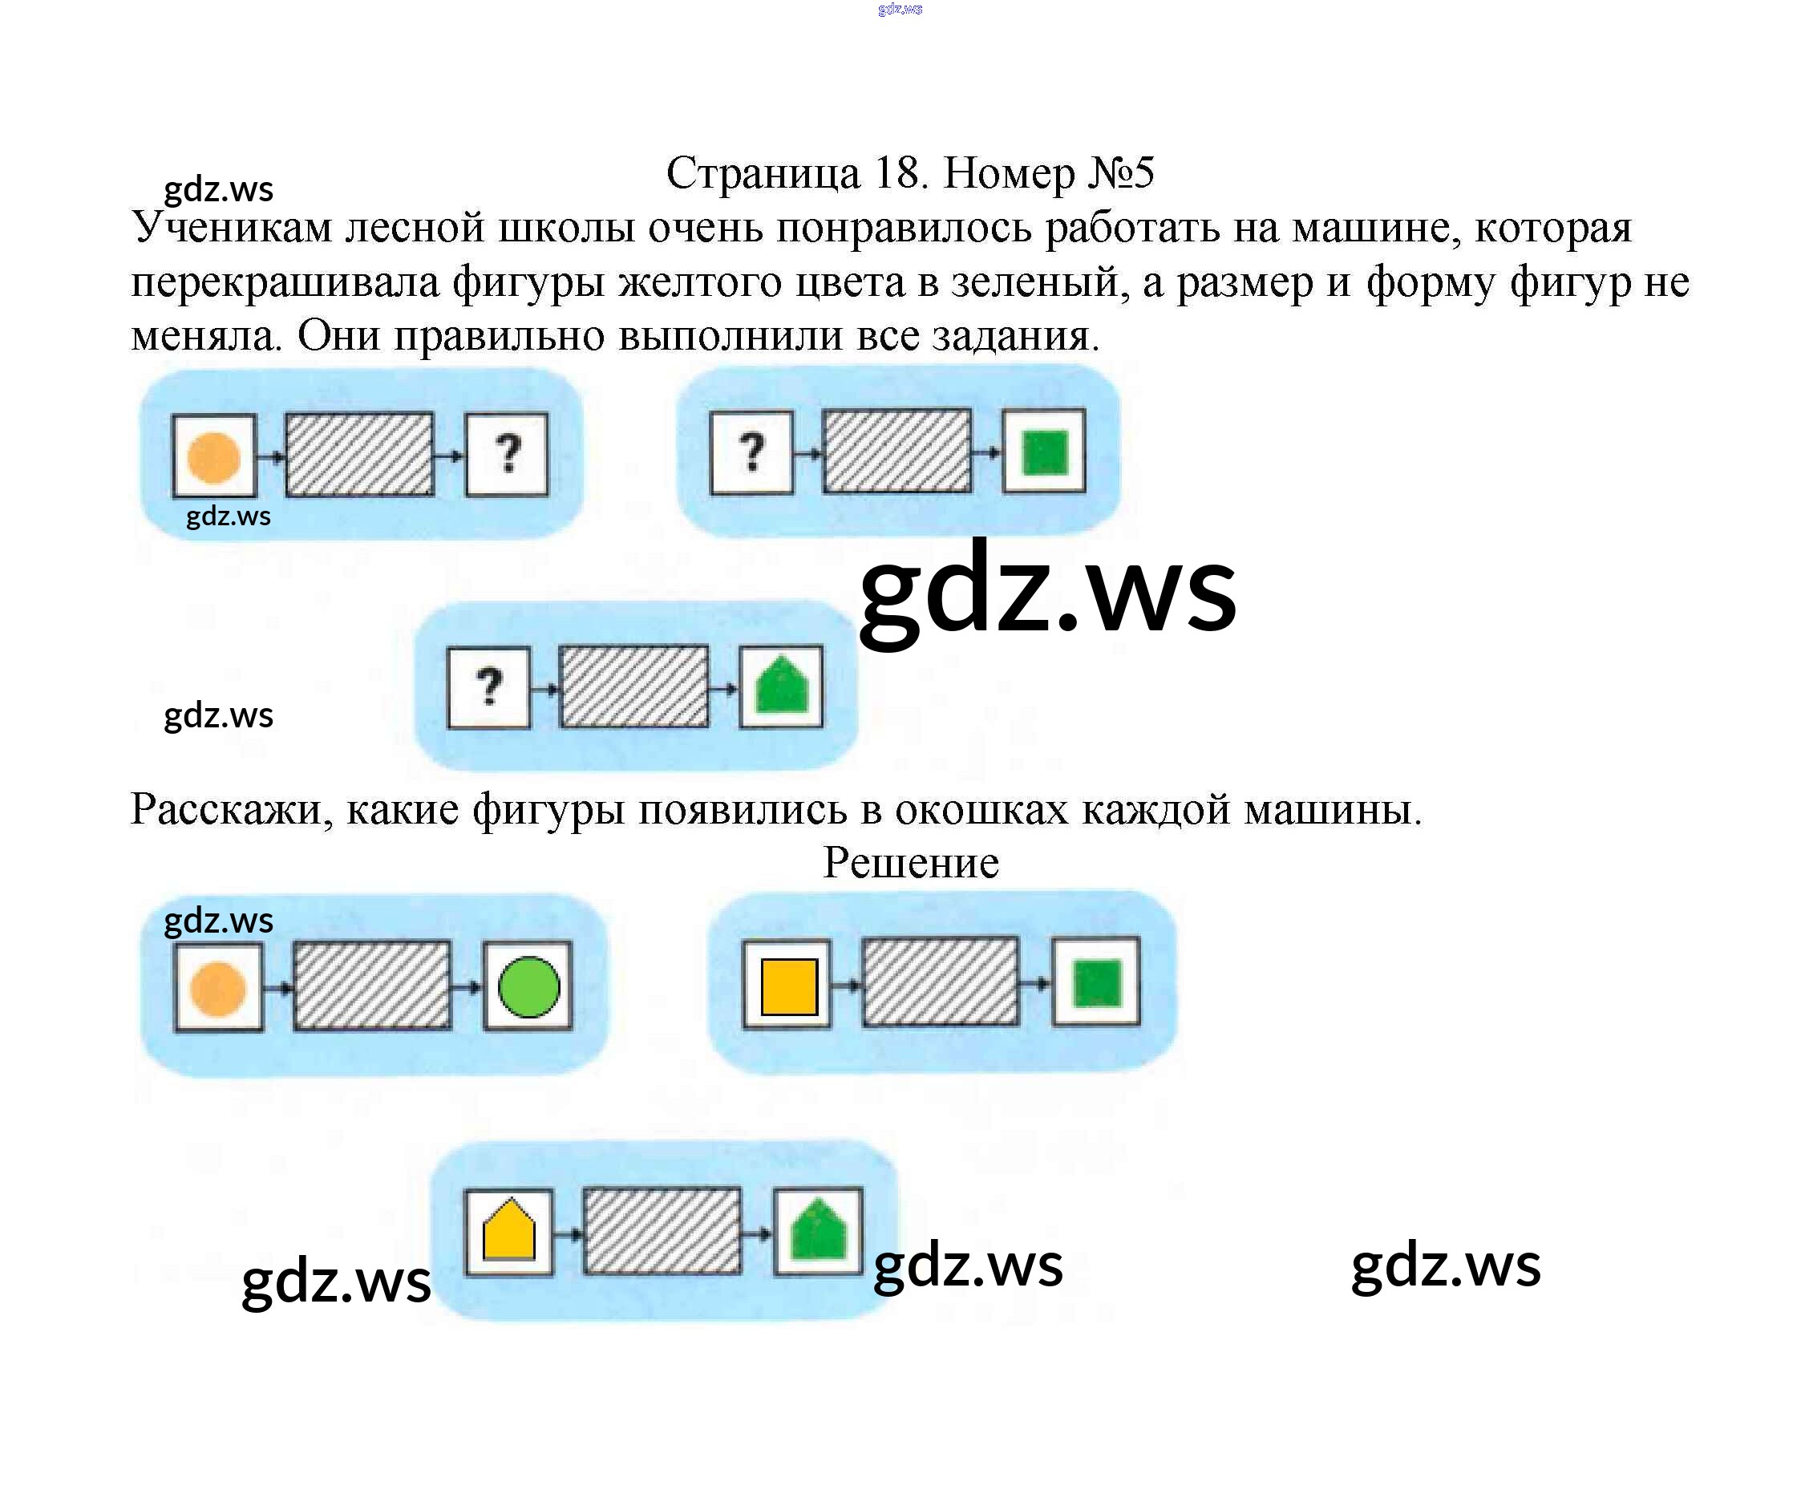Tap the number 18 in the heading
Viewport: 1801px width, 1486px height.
pyautogui.click(x=900, y=174)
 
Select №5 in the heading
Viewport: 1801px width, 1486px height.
pyautogui.click(x=1120, y=174)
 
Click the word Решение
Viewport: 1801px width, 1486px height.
pyautogui.click(x=910, y=862)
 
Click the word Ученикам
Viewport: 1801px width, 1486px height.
pyautogui.click(x=231, y=229)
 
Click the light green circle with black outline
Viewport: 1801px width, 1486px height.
pyautogui.click(x=528, y=986)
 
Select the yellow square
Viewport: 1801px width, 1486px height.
pyautogui.click(x=787, y=986)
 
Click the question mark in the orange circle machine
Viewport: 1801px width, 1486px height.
pyautogui.click(x=508, y=454)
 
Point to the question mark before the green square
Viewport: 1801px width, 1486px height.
pyautogui.click(x=751, y=452)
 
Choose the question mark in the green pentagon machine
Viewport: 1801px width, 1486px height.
pyautogui.click(x=489, y=686)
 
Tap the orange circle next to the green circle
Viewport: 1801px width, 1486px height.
pyautogui.click(x=217, y=988)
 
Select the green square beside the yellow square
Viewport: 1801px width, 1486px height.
pyautogui.click(x=1095, y=983)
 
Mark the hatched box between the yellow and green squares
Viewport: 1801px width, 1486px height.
pyautogui.click(x=940, y=982)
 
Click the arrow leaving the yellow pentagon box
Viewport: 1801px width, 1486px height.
pyautogui.click(x=568, y=1233)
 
